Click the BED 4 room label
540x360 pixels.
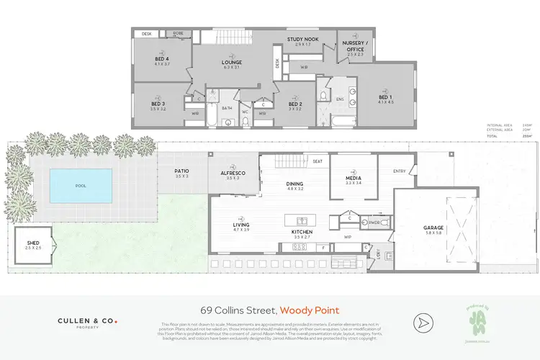pos(161,59)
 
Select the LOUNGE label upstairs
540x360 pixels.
pos(231,63)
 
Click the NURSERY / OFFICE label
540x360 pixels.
pos(355,46)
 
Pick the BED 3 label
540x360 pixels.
pos(158,105)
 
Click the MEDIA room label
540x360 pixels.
pos(353,179)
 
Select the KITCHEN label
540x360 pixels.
pos(301,233)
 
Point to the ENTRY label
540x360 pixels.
pos(399,171)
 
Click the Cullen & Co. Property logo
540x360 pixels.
pos(87,323)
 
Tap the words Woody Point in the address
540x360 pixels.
pos(310,310)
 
